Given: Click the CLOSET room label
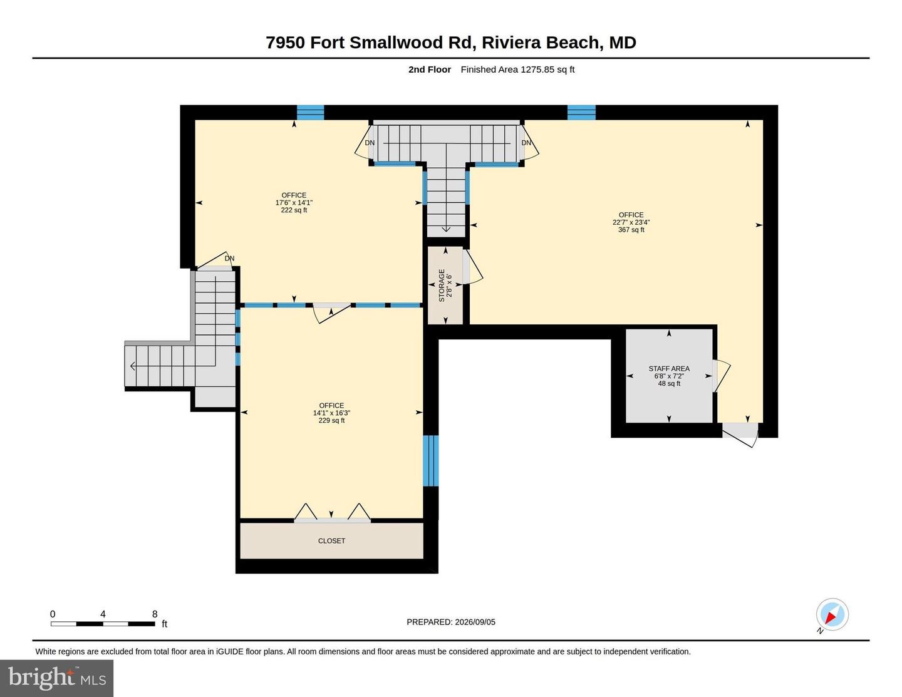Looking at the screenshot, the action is (x=331, y=540).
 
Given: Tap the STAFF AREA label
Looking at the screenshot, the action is (x=669, y=368).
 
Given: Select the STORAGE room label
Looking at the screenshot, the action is (x=442, y=285).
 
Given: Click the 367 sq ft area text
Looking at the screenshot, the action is (x=631, y=229).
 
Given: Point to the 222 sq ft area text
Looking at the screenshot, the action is (x=294, y=210).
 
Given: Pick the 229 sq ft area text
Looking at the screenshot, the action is (x=331, y=420).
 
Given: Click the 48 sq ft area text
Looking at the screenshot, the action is (x=669, y=383).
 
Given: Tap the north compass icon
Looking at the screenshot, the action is (x=832, y=614).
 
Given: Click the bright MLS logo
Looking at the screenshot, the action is (x=56, y=678).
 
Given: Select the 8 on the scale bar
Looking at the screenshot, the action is (x=155, y=614).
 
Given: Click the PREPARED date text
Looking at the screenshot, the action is (x=451, y=622).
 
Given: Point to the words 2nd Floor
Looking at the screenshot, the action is (x=429, y=70).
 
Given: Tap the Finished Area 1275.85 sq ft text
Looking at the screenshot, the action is (x=517, y=70).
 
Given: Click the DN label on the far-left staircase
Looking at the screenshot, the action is (x=229, y=259).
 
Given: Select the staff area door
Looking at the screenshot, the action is (x=722, y=376).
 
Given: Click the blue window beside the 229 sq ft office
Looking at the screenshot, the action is (x=430, y=460).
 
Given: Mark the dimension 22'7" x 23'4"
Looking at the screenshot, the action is (x=631, y=222).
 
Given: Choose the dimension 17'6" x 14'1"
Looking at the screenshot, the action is (x=294, y=203).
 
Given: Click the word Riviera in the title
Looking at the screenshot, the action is (x=511, y=43).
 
